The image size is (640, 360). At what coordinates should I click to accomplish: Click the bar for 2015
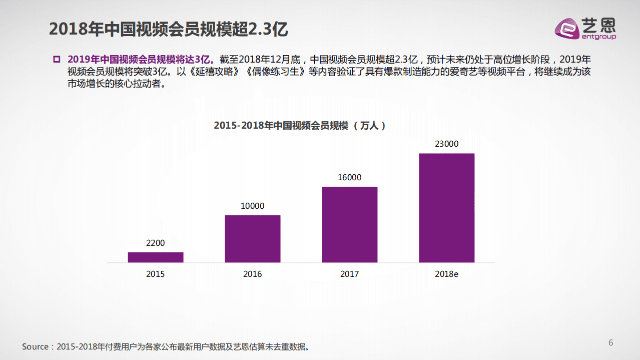pos(155,257)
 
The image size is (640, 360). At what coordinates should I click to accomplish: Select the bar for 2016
pos(252,239)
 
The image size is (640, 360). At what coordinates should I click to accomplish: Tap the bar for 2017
pos(349,224)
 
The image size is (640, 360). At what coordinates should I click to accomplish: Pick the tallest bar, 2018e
pos(446,208)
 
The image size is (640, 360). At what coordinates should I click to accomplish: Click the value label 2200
pos(155,243)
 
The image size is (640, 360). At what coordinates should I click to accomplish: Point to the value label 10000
pos(252,206)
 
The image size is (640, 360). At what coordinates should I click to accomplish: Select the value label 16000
pos(349,177)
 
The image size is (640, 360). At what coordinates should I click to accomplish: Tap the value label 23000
pos(446,144)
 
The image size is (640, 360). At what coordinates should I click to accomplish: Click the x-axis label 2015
pos(155,274)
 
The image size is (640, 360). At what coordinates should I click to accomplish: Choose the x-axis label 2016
pos(252,274)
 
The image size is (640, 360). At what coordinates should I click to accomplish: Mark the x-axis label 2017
pos(349,274)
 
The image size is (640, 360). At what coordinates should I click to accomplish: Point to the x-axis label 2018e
pos(446,274)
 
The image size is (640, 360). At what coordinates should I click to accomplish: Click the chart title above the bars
pos(300,125)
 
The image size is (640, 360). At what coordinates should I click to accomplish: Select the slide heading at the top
pos(168,29)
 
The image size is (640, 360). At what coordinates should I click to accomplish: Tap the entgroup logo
pos(585,28)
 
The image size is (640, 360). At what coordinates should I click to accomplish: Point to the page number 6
pos(610,342)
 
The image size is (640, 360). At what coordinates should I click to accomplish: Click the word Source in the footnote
pos(35,346)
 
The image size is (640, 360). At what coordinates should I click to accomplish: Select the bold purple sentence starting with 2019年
pos(141,59)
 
